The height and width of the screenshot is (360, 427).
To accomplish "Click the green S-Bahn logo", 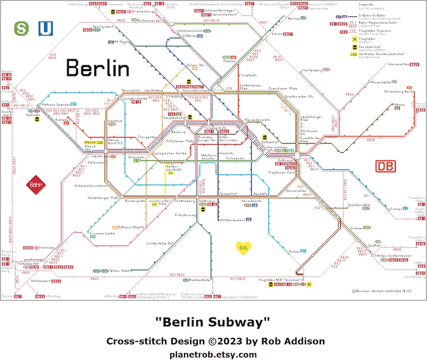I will coord(21,27).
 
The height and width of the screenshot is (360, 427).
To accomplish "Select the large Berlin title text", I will coord(97,68).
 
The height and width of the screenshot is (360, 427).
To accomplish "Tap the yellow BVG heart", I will coord(244,248).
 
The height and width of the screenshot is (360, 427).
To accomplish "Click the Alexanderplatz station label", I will coord(257,120).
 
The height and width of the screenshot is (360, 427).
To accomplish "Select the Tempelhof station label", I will coord(228,193).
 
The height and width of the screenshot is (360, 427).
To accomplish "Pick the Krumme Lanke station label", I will coord(102,232).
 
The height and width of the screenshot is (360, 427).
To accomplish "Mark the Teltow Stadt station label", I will coord(120,271).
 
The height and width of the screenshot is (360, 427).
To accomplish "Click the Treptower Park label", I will coord(282,172).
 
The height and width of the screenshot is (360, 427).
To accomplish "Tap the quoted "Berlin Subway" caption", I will coord(213,322).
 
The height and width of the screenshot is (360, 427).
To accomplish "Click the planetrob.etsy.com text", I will coord(213,354).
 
